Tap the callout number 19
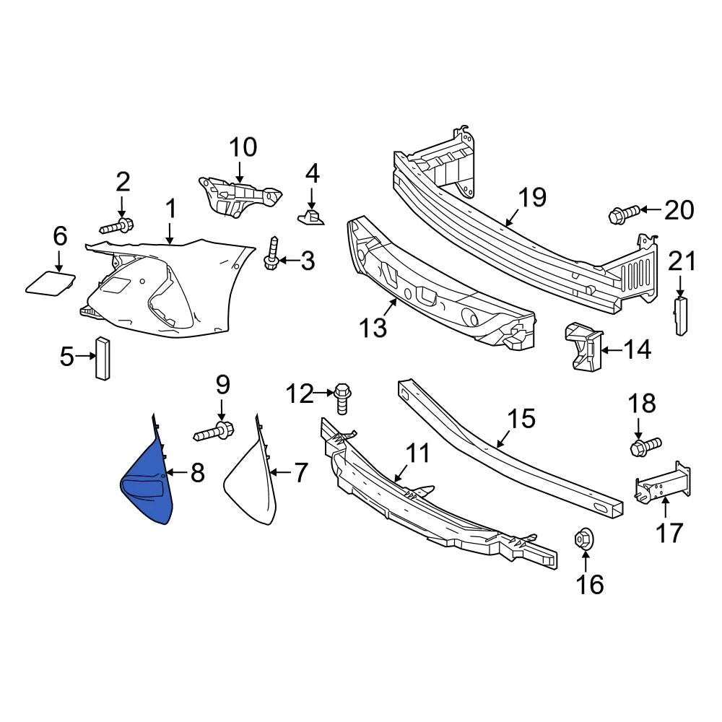[532, 197]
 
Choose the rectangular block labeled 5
[102, 357]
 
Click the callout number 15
[521, 418]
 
